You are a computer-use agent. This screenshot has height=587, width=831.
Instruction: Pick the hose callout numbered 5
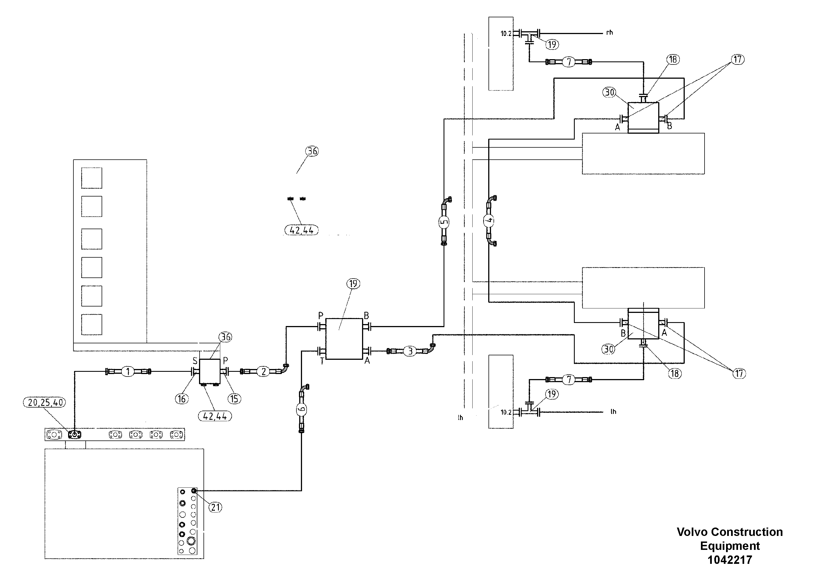[x=444, y=221]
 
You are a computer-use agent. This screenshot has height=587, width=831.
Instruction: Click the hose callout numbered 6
[x=302, y=409]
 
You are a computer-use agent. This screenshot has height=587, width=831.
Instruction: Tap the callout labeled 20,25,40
[x=44, y=402]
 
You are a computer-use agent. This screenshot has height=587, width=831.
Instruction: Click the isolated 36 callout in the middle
[x=312, y=151]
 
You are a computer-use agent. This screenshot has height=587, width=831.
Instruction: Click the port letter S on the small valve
[x=195, y=361]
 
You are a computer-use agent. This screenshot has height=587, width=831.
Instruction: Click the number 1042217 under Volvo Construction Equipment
[x=730, y=560]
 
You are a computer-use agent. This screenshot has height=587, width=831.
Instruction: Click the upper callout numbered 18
[x=673, y=59]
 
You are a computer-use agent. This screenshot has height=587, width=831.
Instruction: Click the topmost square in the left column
[x=92, y=178]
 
